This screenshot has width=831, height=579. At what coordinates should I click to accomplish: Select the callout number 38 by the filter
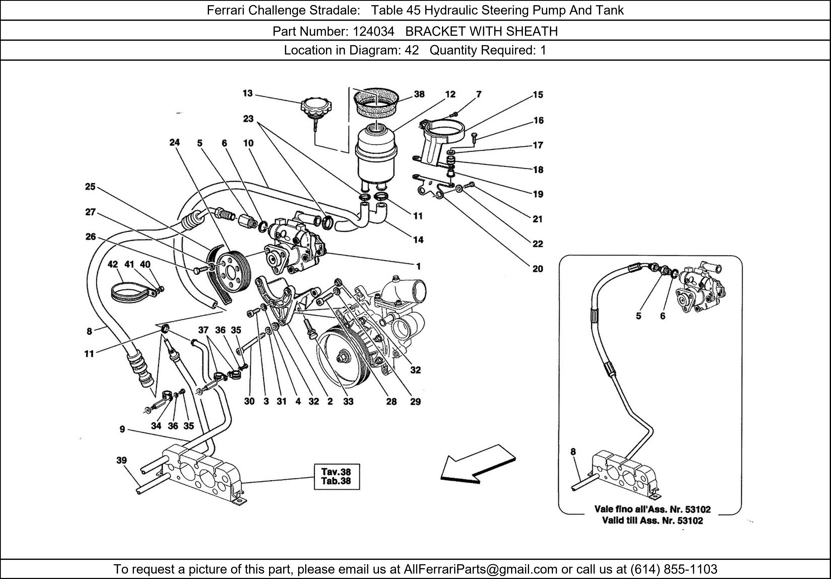419,94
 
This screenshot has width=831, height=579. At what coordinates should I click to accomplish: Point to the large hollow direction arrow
477,466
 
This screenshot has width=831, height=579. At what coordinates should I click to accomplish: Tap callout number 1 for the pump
418,266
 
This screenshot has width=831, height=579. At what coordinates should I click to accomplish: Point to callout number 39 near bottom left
122,460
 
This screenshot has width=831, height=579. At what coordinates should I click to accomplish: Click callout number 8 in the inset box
573,452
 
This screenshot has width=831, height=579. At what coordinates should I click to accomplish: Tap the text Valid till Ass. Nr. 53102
652,521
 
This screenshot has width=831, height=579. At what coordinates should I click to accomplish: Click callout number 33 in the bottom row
348,401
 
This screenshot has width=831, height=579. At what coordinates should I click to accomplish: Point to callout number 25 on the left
90,187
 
